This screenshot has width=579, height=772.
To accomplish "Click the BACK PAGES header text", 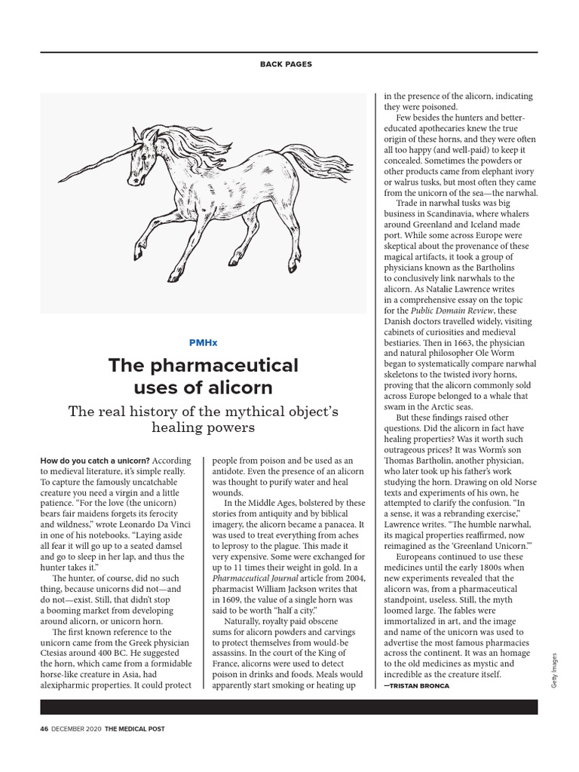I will point(286,64).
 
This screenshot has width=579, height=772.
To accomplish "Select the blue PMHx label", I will point(204,342).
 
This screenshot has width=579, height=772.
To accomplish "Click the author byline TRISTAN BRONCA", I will point(421,687).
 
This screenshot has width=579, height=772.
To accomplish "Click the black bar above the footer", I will point(289,706).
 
